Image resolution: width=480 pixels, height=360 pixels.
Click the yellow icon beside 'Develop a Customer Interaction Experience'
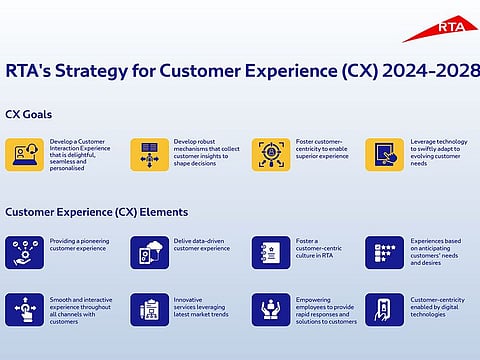23,155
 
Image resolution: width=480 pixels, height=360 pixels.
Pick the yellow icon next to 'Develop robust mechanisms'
150,155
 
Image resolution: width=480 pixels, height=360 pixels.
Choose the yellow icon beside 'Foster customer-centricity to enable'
271,155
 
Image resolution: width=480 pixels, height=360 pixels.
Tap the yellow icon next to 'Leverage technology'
384,155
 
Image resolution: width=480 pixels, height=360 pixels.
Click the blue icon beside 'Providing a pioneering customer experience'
23,252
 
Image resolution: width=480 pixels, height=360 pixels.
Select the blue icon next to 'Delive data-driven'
150,252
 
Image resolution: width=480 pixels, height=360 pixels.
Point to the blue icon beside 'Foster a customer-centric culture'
271,252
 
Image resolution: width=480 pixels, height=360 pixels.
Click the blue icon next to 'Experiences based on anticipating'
384,252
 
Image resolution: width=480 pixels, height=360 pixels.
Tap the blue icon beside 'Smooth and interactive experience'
23,309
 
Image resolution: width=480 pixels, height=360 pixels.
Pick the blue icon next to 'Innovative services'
150,309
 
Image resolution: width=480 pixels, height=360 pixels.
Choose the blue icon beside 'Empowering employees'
271,309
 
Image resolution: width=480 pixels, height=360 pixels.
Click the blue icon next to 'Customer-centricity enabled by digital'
384,309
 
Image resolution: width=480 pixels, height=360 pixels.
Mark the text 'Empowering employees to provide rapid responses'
325,309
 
